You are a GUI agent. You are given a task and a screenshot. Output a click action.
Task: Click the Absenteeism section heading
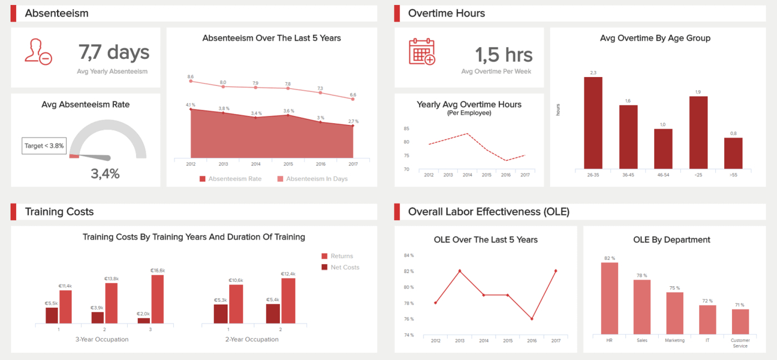[x=57, y=13]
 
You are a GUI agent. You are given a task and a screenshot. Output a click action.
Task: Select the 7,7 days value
[x=114, y=52]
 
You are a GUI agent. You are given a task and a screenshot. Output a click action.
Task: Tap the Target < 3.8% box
[x=44, y=146]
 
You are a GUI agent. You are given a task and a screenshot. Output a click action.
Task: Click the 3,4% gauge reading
[x=105, y=174]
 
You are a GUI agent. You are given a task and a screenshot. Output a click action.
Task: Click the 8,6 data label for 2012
[x=190, y=77]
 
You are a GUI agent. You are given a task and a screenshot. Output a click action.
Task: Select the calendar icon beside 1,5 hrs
[x=422, y=52]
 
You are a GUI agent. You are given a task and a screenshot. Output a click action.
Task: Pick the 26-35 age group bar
[x=593, y=123]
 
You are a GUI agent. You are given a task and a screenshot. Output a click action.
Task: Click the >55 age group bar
[x=733, y=153]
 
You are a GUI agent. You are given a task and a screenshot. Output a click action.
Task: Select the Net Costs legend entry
[x=340, y=267]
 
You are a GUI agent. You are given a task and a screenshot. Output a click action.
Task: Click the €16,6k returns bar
[x=158, y=299]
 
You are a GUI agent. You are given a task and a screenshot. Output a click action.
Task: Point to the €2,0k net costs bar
[x=144, y=320]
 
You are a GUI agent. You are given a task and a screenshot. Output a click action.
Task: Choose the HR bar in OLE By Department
[x=609, y=298]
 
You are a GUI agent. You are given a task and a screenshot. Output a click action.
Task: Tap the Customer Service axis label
[x=740, y=343]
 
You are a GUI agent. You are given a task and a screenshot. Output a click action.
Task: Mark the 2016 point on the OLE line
[x=532, y=319]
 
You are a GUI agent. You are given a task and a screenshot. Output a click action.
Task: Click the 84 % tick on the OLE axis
[x=408, y=256]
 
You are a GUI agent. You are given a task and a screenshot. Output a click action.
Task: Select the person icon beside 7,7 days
[x=38, y=52]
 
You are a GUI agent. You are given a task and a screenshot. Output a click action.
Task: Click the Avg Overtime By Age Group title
[x=655, y=38]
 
